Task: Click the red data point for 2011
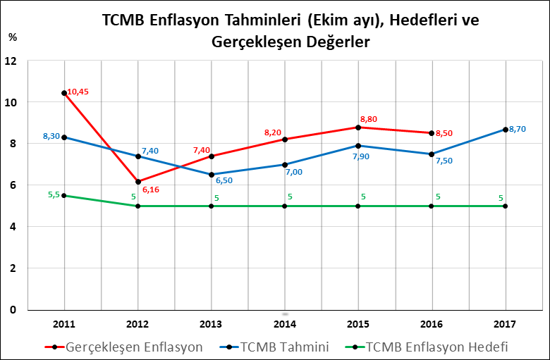[x=64, y=93]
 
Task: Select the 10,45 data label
[x=78, y=92]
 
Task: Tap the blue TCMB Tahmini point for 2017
[x=506, y=130]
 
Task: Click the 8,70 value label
[x=518, y=129]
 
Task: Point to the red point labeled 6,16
[x=138, y=182]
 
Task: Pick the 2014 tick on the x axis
[x=285, y=323]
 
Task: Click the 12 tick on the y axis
[x=11, y=61]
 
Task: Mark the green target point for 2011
[x=64, y=195]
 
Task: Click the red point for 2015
[x=358, y=128]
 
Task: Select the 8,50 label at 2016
[x=445, y=133]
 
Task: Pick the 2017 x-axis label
[x=506, y=323]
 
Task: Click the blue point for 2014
[x=285, y=164]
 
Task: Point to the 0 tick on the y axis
[x=13, y=309]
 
